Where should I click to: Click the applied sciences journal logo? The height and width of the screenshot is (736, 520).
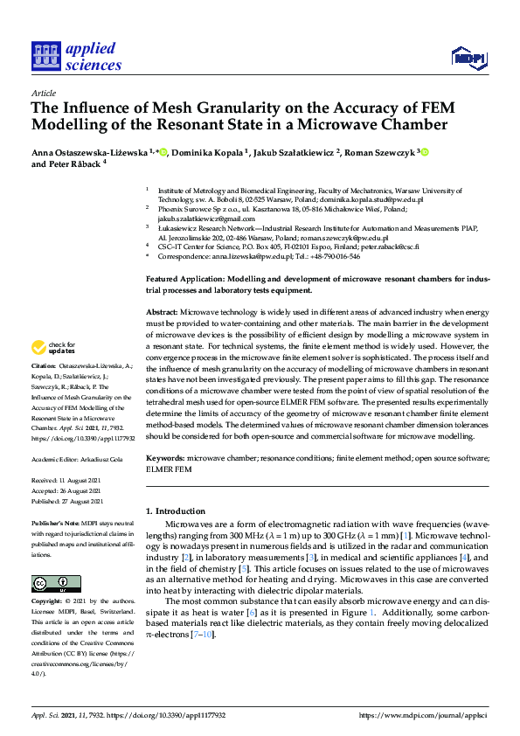coord(76,55)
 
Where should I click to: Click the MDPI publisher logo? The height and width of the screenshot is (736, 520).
coord(468,58)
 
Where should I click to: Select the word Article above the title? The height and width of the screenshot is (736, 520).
coord(43,92)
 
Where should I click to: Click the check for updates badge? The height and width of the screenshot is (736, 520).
coord(59,349)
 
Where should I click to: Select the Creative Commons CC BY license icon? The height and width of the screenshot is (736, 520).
coord(56,584)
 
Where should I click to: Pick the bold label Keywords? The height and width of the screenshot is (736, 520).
coord(166,457)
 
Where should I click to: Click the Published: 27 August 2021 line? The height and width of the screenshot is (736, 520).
coord(72,501)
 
